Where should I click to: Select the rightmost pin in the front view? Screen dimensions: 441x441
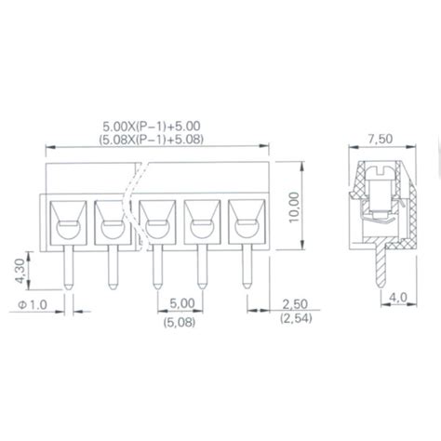tap(247, 270)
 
